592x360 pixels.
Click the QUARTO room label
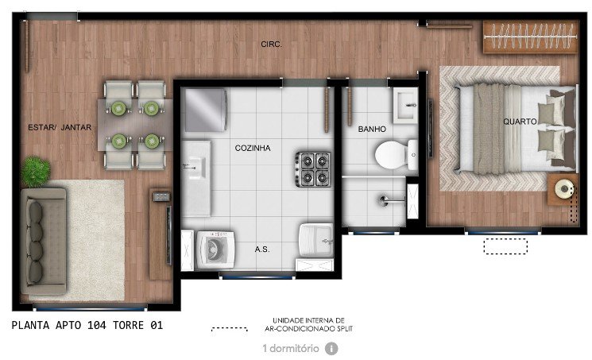click(x=520, y=122)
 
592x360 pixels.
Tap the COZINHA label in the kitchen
click(x=253, y=148)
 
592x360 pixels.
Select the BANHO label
click(x=372, y=130)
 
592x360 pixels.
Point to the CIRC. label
click(x=271, y=45)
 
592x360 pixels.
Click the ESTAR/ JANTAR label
click(x=60, y=128)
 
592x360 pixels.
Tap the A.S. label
click(x=262, y=250)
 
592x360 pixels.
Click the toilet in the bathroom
click(x=396, y=155)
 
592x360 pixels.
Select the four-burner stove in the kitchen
click(x=312, y=168)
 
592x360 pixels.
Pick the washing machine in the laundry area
click(x=215, y=250)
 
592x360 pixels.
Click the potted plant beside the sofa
click(x=35, y=172)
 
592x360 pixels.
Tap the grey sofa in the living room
click(x=44, y=242)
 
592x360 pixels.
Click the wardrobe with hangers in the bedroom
click(x=531, y=37)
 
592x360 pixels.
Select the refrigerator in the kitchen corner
click(x=206, y=110)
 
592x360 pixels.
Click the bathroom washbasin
click(x=405, y=106)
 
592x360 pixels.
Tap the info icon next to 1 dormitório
click(x=331, y=348)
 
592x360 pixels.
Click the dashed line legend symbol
click(x=229, y=329)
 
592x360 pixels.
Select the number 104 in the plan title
click(x=97, y=325)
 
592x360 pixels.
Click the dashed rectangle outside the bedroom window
click(x=505, y=246)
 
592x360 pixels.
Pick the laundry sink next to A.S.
click(x=316, y=240)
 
